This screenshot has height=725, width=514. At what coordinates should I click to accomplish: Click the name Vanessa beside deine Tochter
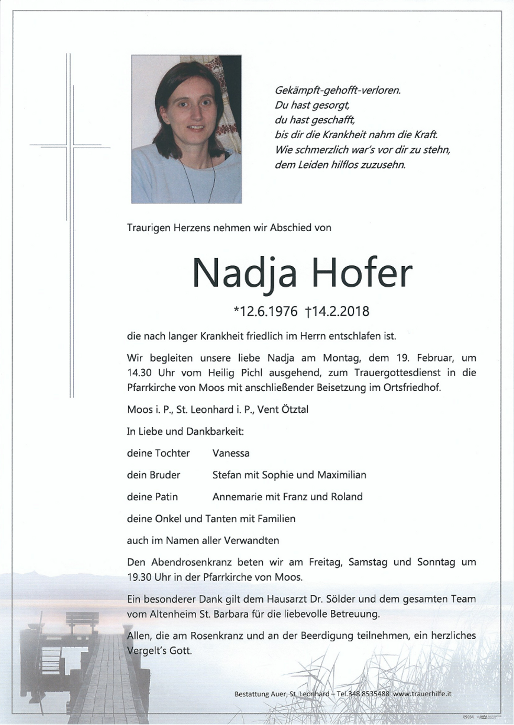pyautogui.click(x=231, y=453)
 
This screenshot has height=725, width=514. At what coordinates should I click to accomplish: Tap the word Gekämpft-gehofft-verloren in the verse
pyautogui.click(x=338, y=90)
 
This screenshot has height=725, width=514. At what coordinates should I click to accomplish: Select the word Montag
pyautogui.click(x=342, y=358)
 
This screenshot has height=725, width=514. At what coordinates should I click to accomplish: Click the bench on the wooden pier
pyautogui.click(x=82, y=622)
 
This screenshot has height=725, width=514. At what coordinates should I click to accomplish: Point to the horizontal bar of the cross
pyautogui.click(x=66, y=145)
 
